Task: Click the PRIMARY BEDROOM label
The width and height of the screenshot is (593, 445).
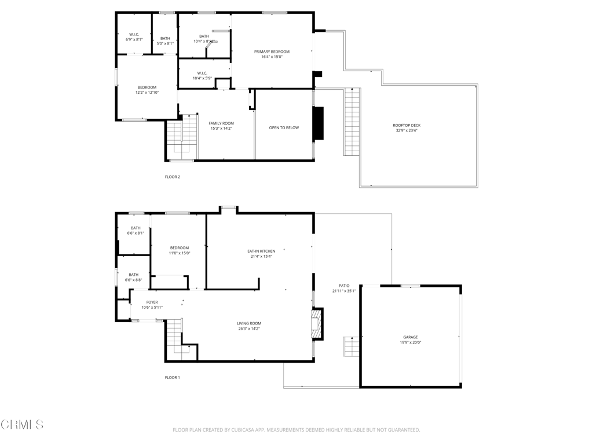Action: coord(272,52)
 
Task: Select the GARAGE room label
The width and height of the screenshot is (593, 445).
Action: coord(411,337)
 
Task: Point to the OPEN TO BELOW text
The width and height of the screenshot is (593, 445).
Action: coord(284,127)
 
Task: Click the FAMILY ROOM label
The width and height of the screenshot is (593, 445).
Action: coord(221,123)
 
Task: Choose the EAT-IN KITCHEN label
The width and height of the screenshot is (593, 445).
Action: coord(261,251)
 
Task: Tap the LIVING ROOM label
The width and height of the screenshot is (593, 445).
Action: coord(249,323)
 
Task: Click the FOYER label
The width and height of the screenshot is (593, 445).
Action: coord(152,302)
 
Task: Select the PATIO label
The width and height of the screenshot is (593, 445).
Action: coord(344,286)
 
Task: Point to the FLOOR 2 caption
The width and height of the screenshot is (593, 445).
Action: coord(173,177)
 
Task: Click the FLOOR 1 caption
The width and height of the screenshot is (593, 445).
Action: coord(173,377)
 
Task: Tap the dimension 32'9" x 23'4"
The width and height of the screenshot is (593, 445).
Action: coord(407,131)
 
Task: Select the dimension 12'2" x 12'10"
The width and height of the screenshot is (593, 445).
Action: coord(147,93)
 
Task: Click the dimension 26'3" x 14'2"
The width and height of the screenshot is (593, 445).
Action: coord(249,329)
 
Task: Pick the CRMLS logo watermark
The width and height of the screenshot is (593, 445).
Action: coord(22,425)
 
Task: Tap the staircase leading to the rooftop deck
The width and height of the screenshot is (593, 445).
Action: coord(352,122)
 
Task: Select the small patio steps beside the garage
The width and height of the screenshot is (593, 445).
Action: coord(351,346)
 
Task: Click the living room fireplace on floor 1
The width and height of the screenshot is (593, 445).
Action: coord(317,323)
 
